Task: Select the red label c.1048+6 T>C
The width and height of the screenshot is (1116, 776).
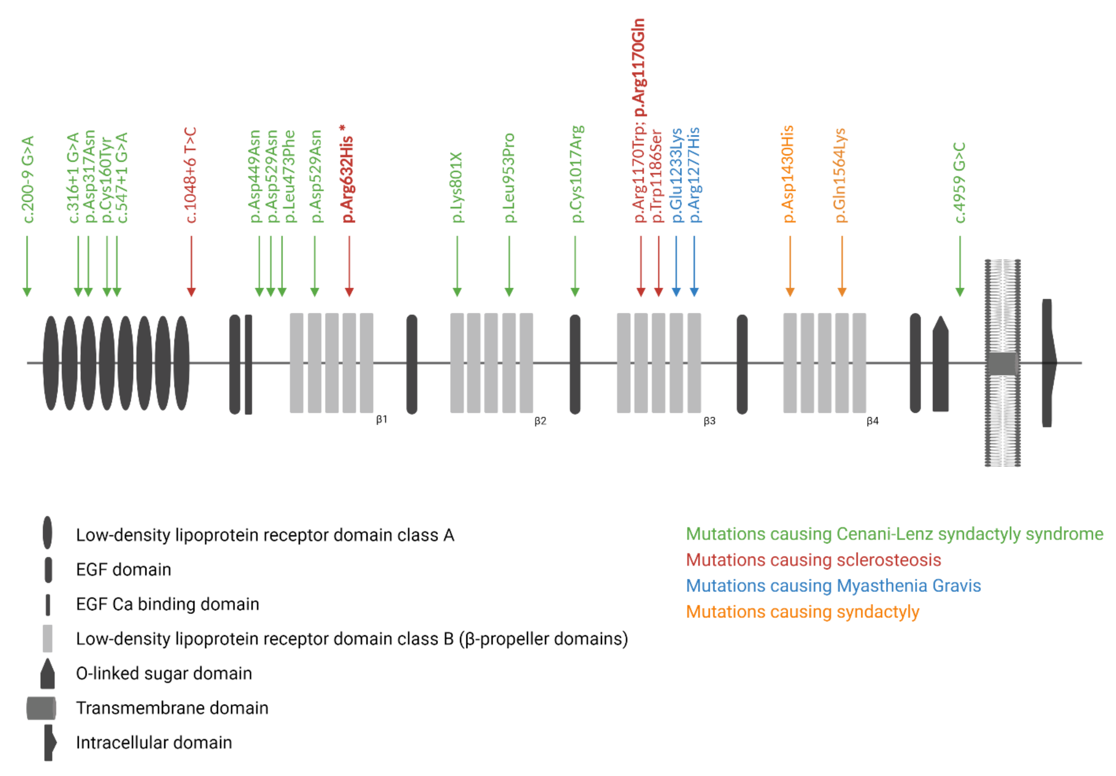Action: click(x=191, y=175)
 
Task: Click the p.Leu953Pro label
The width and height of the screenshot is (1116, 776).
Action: click(x=509, y=178)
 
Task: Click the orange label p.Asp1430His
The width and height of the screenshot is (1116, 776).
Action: click(x=788, y=174)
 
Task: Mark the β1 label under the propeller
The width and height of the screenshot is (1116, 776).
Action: click(x=382, y=420)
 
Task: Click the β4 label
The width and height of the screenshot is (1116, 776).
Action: click(x=873, y=421)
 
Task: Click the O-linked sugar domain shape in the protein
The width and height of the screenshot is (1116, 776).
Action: click(x=941, y=365)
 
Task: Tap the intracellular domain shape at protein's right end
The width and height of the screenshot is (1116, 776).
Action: click(x=1048, y=363)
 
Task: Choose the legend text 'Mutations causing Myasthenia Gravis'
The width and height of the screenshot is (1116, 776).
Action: click(x=833, y=586)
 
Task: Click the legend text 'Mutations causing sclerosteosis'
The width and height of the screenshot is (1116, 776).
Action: click(x=813, y=560)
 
